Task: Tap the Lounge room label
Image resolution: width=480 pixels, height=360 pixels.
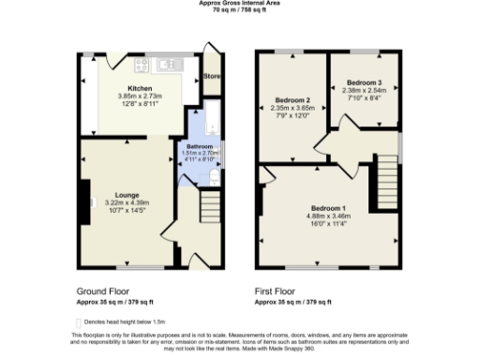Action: click(x=126, y=196)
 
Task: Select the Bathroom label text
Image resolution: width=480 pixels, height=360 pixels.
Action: click(x=199, y=147)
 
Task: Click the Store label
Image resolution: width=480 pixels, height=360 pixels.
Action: click(x=213, y=76)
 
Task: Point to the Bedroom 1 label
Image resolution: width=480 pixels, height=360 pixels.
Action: click(x=327, y=208)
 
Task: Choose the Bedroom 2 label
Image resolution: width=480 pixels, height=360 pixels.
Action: click(x=292, y=99)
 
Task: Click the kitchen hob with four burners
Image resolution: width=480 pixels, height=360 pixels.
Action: click(x=142, y=65)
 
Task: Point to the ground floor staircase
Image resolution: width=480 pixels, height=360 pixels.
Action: click(x=212, y=205)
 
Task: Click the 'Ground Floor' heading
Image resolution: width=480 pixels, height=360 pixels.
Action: click(x=96, y=292)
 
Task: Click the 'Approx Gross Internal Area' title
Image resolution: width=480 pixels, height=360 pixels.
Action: click(x=238, y=4)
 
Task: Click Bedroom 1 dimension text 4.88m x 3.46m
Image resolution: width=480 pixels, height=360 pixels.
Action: click(x=327, y=217)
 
